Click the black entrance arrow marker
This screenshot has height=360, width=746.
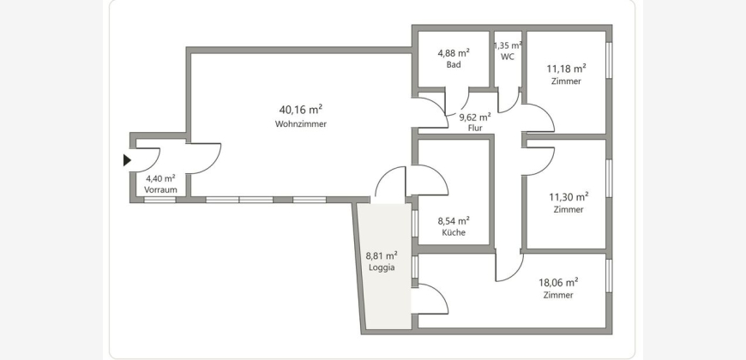point(127,160)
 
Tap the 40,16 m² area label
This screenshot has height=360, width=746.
point(301,110)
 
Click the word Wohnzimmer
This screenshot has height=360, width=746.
point(301,124)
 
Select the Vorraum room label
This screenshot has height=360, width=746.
point(161,189)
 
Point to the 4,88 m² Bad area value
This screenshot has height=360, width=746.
point(454,53)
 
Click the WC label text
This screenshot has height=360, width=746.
point(508,57)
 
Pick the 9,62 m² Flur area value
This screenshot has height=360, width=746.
point(475,117)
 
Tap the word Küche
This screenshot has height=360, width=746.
point(454,232)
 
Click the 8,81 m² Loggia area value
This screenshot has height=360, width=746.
point(382,255)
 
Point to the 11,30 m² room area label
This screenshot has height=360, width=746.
point(569,196)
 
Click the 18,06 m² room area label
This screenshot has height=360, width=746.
point(558,283)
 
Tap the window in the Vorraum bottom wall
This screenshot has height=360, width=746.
point(159,200)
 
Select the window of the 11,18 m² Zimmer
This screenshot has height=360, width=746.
point(609,60)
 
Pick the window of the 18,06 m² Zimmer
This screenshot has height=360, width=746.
point(609,275)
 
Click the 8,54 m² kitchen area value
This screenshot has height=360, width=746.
point(454,220)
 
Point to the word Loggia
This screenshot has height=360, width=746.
point(382,267)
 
